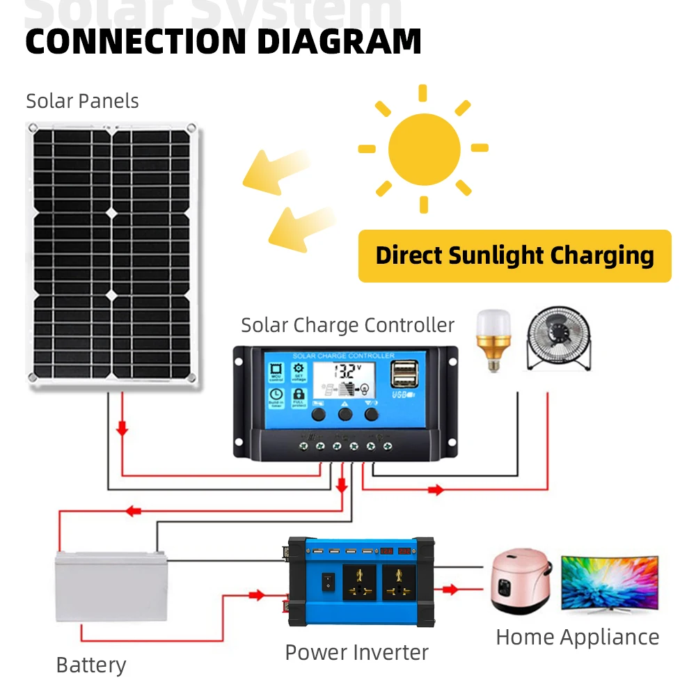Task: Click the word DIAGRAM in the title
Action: coord(339,41)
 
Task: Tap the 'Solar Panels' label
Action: coord(82,102)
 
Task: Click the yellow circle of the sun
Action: coord(424,148)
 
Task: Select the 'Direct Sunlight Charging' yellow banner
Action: coord(514,256)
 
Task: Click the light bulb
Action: coord(492,339)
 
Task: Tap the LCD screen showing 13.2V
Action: coord(344,381)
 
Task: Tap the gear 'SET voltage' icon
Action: coord(299,372)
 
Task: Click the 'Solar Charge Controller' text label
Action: coord(347,326)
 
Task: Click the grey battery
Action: coord(111,585)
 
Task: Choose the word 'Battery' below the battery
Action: coord(91,665)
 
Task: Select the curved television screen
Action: coord(609,583)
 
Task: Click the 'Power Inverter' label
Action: coord(356,653)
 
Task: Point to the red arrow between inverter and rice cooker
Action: coord(451,590)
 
